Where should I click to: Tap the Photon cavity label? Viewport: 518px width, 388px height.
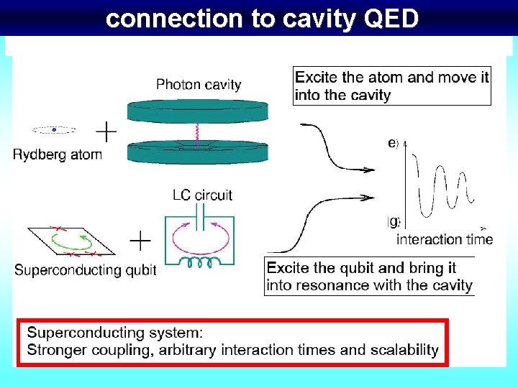tap(199, 85)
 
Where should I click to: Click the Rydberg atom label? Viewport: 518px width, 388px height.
tap(58, 154)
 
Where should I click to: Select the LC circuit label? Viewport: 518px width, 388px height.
tap(202, 195)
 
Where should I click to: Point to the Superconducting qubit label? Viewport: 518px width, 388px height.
tap(86, 270)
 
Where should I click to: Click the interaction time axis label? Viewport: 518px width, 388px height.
tap(445, 239)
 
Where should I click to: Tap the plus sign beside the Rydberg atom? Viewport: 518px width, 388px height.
tap(106, 131)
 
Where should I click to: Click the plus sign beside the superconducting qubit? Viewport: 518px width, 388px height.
tap(140, 241)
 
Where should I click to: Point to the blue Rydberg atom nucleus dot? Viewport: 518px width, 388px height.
tap(54, 130)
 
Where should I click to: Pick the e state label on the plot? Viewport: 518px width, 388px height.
tap(393, 144)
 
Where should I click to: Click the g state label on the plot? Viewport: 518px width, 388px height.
tap(394, 221)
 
